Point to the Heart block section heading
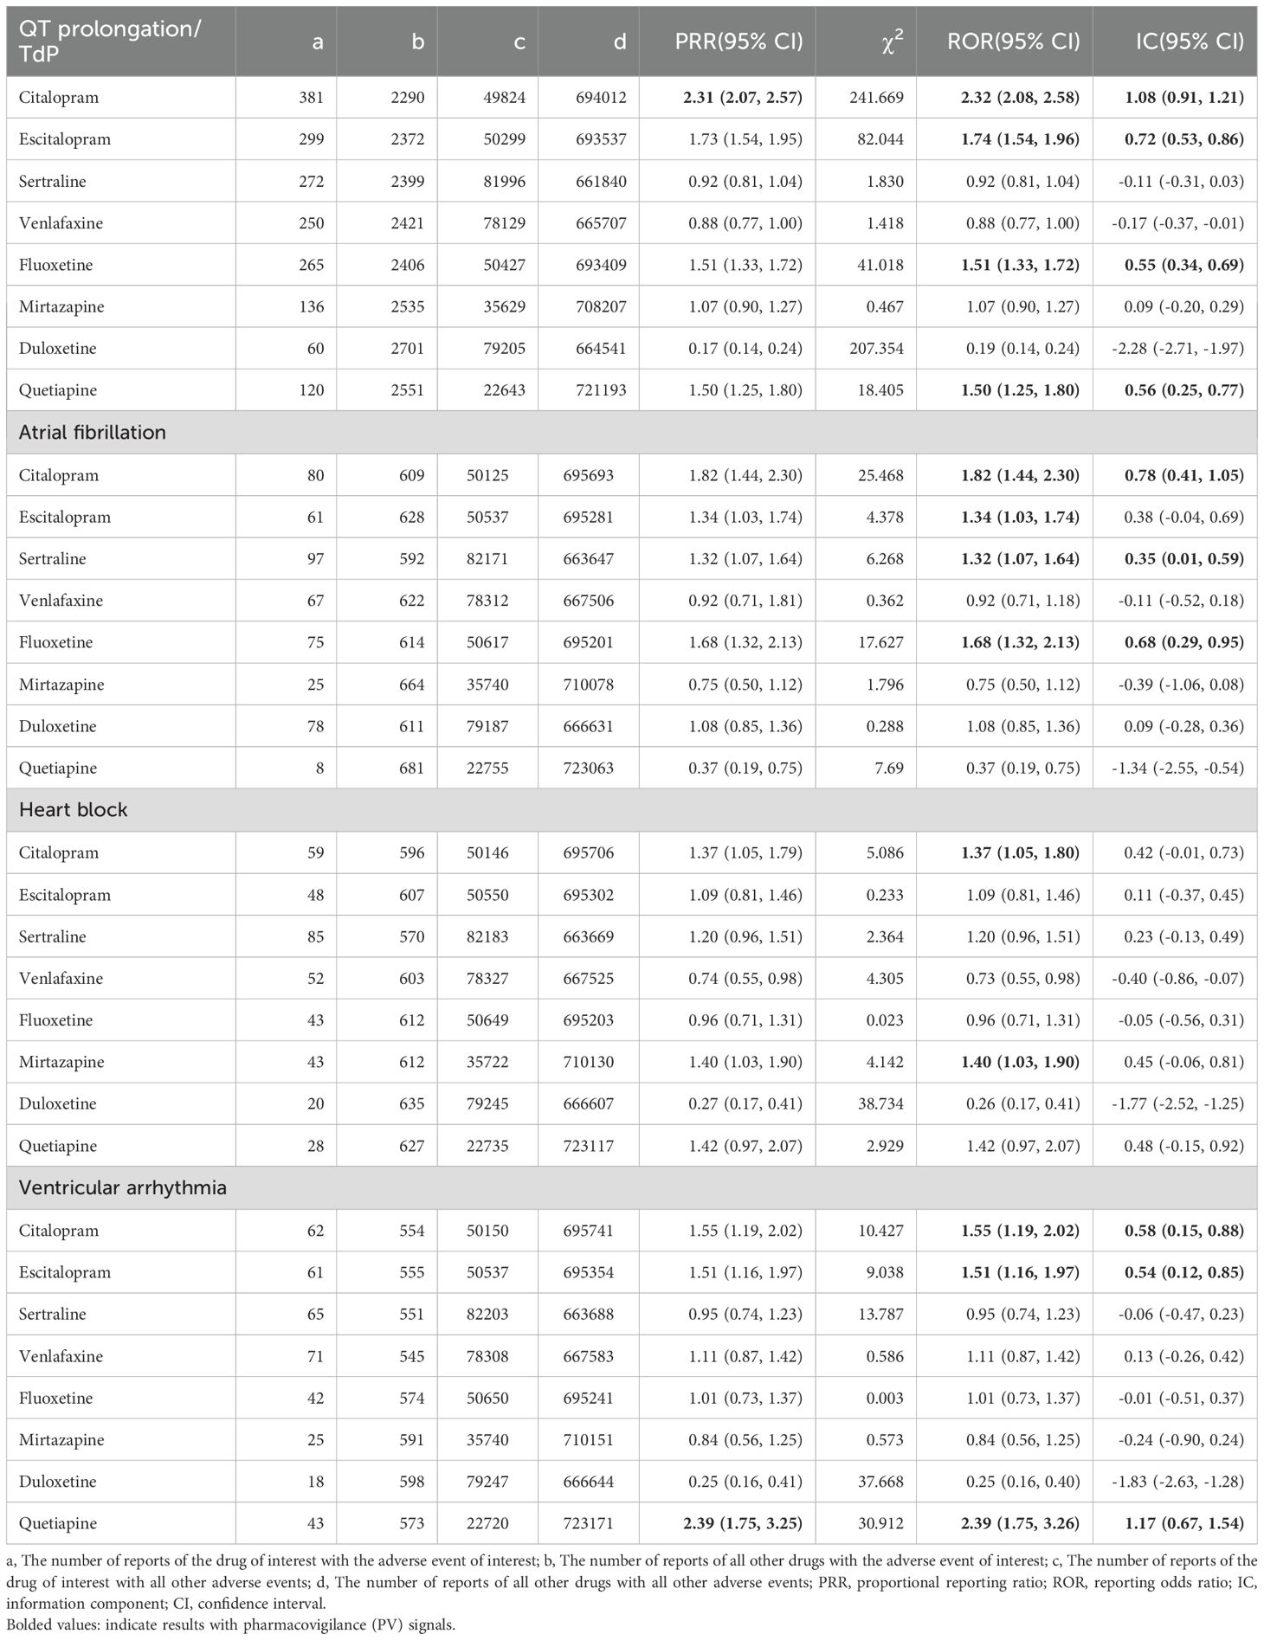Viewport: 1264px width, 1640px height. pos(73,809)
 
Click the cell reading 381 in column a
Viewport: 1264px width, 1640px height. pos(311,98)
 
